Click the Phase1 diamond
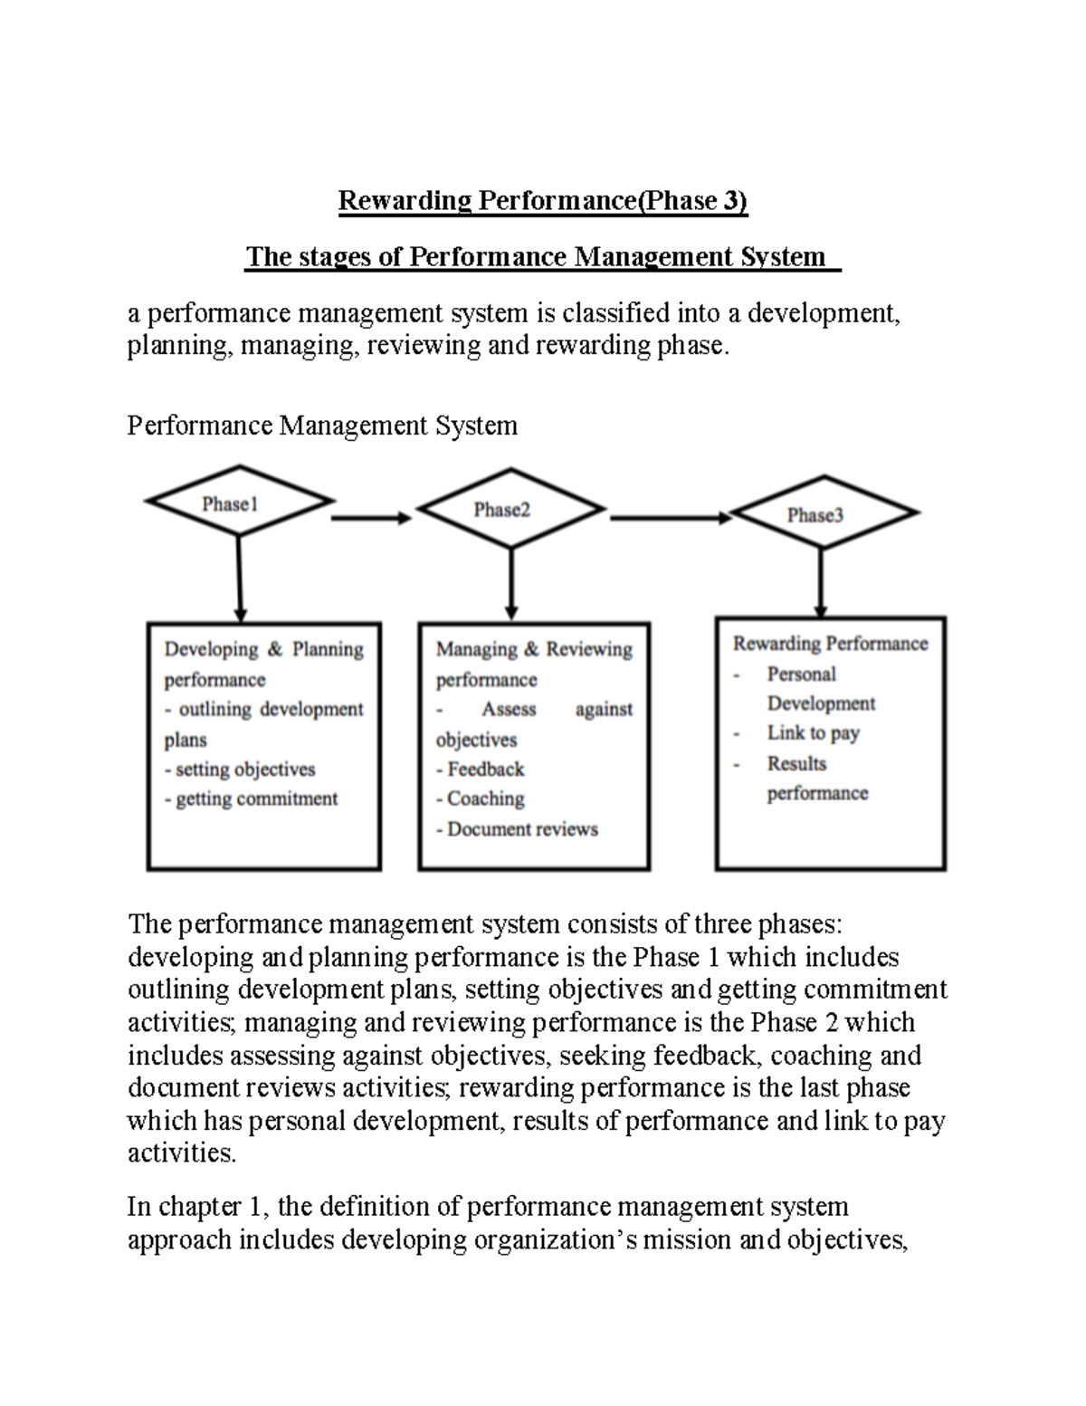[238, 503]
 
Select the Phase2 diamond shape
[510, 509]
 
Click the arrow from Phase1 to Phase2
[371, 518]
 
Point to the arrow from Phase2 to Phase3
[670, 518]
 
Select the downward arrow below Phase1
[239, 579]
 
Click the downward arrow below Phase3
[821, 582]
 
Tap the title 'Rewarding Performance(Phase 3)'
[543, 200]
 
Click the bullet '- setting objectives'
[240, 770]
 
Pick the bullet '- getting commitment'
[251, 799]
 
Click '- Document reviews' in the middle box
[517, 829]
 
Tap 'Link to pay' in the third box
[813, 733]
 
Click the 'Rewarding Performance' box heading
[830, 644]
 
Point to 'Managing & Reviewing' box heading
[534, 649]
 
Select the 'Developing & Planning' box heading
[263, 649]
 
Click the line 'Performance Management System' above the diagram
[322, 426]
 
